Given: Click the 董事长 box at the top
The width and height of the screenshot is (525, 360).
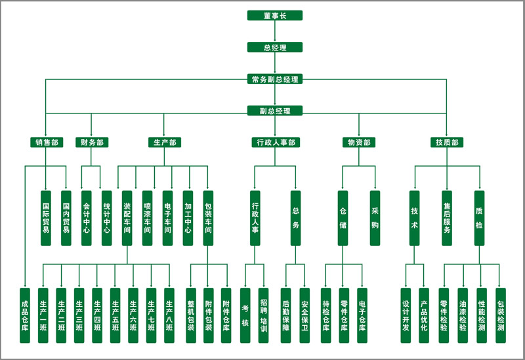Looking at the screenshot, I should (x=275, y=16).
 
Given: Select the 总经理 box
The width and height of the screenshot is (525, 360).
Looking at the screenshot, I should (x=275, y=47).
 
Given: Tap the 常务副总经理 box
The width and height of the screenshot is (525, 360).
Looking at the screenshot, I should (x=275, y=79).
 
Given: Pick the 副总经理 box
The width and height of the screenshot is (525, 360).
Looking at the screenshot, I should (x=275, y=111).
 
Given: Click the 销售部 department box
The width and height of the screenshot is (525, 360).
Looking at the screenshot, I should (x=46, y=142).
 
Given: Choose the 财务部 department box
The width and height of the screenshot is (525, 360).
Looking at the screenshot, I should (x=91, y=142).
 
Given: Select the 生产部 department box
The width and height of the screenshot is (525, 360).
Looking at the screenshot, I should (x=163, y=142).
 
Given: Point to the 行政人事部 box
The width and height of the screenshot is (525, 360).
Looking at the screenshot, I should (x=275, y=142).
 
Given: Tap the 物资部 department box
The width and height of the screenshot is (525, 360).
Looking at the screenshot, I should (x=358, y=142).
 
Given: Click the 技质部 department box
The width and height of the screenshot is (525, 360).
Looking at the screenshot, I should (x=447, y=142).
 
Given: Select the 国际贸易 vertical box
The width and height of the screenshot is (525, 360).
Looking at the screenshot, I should (x=46, y=218).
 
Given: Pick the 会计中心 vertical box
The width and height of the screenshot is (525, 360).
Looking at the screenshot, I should (x=86, y=218).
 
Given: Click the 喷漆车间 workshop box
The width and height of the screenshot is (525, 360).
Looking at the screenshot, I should (x=147, y=218).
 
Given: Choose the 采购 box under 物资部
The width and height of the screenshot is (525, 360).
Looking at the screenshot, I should (x=375, y=218).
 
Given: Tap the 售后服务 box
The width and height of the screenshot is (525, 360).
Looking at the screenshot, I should (x=447, y=218).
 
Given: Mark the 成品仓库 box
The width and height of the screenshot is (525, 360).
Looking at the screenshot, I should (x=25, y=315).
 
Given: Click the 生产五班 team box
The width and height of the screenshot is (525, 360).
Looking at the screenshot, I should (x=115, y=315).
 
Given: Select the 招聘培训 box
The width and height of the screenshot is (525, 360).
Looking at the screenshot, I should (x=263, y=315).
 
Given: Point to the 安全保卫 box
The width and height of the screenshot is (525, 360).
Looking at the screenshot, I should (x=304, y=315).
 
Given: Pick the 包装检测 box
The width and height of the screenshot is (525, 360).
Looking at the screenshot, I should (x=501, y=315).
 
